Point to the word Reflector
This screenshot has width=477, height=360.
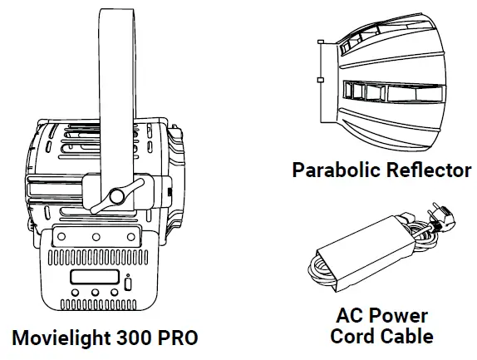pos(430,170)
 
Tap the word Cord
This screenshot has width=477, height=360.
pos(352,336)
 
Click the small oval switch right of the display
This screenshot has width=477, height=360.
pos(127,284)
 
